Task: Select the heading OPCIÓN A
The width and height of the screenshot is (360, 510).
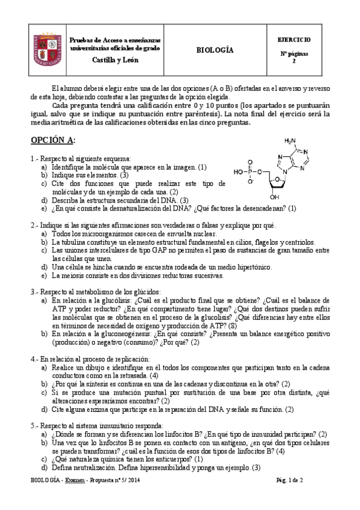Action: (53, 140)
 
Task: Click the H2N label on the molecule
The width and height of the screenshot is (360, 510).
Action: (290, 142)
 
